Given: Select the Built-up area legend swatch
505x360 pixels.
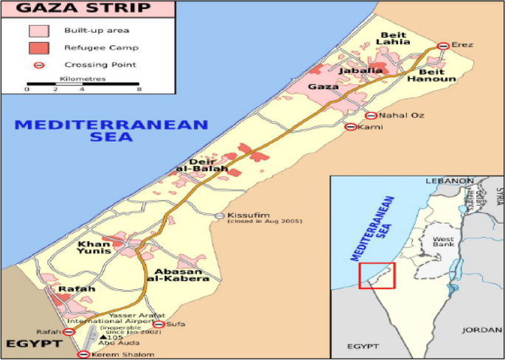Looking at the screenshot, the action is pyautogui.click(x=39, y=30).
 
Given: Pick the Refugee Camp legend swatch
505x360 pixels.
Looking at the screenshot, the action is pyautogui.click(x=39, y=47).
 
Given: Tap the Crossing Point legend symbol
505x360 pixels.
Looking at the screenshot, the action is pyautogui.click(x=39, y=64).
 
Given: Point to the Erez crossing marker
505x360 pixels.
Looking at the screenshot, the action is pyautogui.click(x=442, y=46).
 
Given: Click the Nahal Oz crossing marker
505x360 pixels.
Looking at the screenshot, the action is pyautogui.click(x=372, y=116).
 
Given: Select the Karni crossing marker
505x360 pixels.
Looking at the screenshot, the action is pyautogui.click(x=351, y=127).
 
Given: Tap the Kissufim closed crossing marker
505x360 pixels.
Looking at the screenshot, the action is pyautogui.click(x=220, y=215).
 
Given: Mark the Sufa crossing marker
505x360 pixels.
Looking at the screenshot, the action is pyautogui.click(x=159, y=323).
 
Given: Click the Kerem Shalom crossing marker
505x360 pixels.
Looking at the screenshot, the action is pyautogui.click(x=83, y=355).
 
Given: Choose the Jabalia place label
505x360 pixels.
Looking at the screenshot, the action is pyautogui.click(x=361, y=70).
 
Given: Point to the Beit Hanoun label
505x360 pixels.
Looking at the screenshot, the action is pyautogui.click(x=426, y=74).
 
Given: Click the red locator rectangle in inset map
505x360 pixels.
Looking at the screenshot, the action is pyautogui.click(x=377, y=276).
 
